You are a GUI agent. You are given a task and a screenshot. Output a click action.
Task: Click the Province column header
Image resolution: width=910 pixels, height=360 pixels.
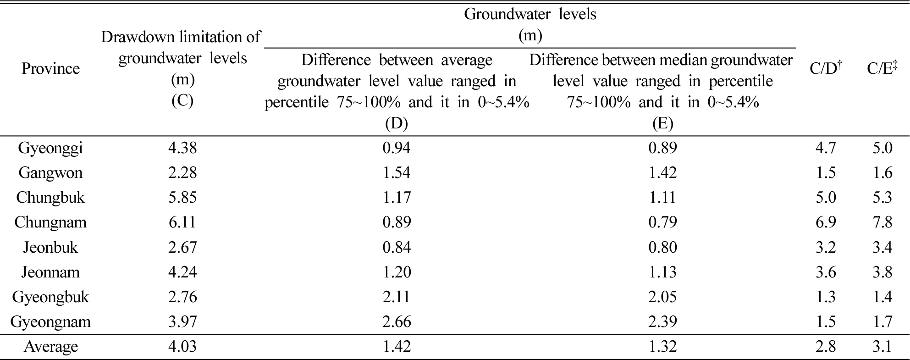50,69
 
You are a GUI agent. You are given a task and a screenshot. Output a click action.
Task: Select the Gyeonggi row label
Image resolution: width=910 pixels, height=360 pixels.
50,148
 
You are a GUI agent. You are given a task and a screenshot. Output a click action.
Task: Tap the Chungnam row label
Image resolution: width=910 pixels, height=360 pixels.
50,222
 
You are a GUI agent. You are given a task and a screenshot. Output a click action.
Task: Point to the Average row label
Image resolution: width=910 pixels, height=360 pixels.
50,346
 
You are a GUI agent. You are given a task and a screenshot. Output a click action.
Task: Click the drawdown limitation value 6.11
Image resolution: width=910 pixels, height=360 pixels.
182,222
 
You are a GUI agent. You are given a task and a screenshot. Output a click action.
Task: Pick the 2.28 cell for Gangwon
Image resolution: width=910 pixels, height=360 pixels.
182,173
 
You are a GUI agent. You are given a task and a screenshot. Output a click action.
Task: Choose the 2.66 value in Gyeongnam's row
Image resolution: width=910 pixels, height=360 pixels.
397,321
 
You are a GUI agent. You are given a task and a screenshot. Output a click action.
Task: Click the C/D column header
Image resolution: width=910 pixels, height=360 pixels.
826,68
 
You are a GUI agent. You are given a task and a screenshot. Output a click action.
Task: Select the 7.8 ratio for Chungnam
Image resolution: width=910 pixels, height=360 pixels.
882,222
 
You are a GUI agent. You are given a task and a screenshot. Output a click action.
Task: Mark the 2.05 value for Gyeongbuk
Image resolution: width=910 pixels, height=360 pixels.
662,297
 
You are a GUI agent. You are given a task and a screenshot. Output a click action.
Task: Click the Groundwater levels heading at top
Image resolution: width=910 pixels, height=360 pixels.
530,14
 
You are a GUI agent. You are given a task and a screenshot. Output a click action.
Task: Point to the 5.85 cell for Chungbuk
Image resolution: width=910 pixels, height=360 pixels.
182,198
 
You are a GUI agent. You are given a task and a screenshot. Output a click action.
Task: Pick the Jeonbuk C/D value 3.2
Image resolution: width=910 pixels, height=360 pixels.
826,247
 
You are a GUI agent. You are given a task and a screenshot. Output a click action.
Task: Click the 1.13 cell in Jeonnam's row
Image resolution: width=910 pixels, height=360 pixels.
662,272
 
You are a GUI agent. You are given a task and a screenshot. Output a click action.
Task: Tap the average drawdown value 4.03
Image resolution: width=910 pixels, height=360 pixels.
182,346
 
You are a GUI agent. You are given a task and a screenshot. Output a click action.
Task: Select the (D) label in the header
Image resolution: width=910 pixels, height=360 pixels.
397,123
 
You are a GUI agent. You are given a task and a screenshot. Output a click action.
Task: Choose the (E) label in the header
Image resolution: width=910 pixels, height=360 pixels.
662,123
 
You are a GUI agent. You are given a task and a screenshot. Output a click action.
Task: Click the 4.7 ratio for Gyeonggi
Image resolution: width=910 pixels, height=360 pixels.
826,148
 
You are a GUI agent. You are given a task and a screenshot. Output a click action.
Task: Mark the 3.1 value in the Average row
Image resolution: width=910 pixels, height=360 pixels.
882,346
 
